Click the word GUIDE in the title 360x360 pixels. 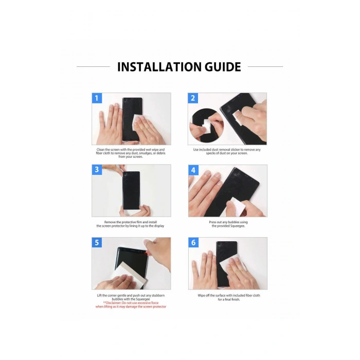point(223,67)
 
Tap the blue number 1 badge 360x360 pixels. point(97,98)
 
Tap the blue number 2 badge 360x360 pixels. point(193,98)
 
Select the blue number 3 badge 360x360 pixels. point(97,170)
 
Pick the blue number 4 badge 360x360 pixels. point(193,170)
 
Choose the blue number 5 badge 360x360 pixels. point(97,242)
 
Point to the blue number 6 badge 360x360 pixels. point(193,242)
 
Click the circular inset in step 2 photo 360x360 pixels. point(207,125)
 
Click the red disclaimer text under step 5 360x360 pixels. point(131,304)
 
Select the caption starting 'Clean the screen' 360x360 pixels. point(131,153)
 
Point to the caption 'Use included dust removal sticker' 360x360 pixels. point(227,151)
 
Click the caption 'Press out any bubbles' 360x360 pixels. point(228,224)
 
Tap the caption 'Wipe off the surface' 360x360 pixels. point(229,297)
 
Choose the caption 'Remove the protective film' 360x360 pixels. point(131,224)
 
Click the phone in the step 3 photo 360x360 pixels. point(131,190)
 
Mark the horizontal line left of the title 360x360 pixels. point(93,66)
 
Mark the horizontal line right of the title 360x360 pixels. point(265,66)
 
